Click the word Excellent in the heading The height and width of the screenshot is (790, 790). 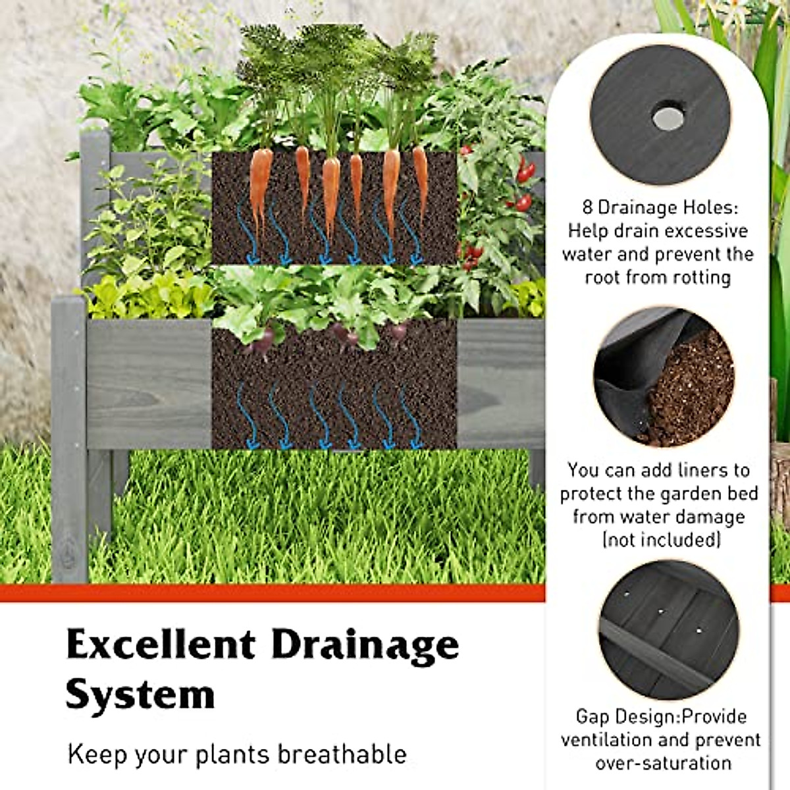point(161,645)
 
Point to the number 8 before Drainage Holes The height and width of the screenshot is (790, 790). point(587,208)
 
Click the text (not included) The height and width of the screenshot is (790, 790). point(661,540)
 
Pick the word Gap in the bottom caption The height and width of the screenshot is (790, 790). point(592,717)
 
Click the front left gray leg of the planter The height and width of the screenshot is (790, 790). point(69,438)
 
